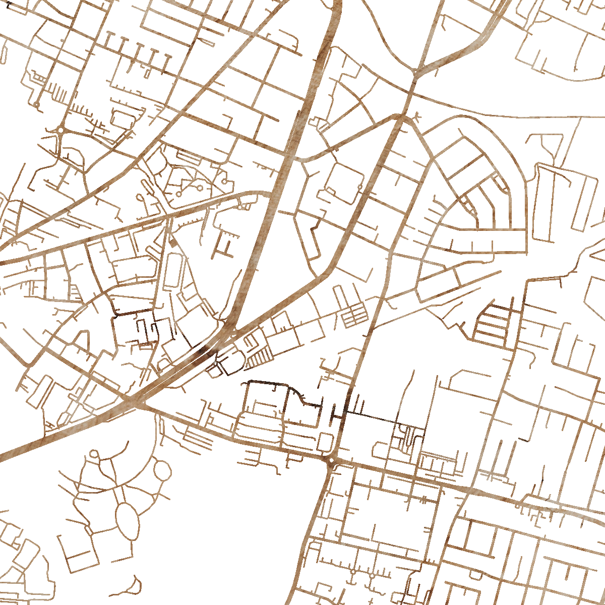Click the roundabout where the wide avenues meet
(x=331, y=460)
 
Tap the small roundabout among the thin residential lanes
(x=61, y=130)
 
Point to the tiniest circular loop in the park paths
(x=94, y=454)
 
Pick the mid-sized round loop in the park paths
(x=162, y=470)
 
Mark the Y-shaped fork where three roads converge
(x=414, y=72)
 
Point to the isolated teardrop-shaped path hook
(x=134, y=585)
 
